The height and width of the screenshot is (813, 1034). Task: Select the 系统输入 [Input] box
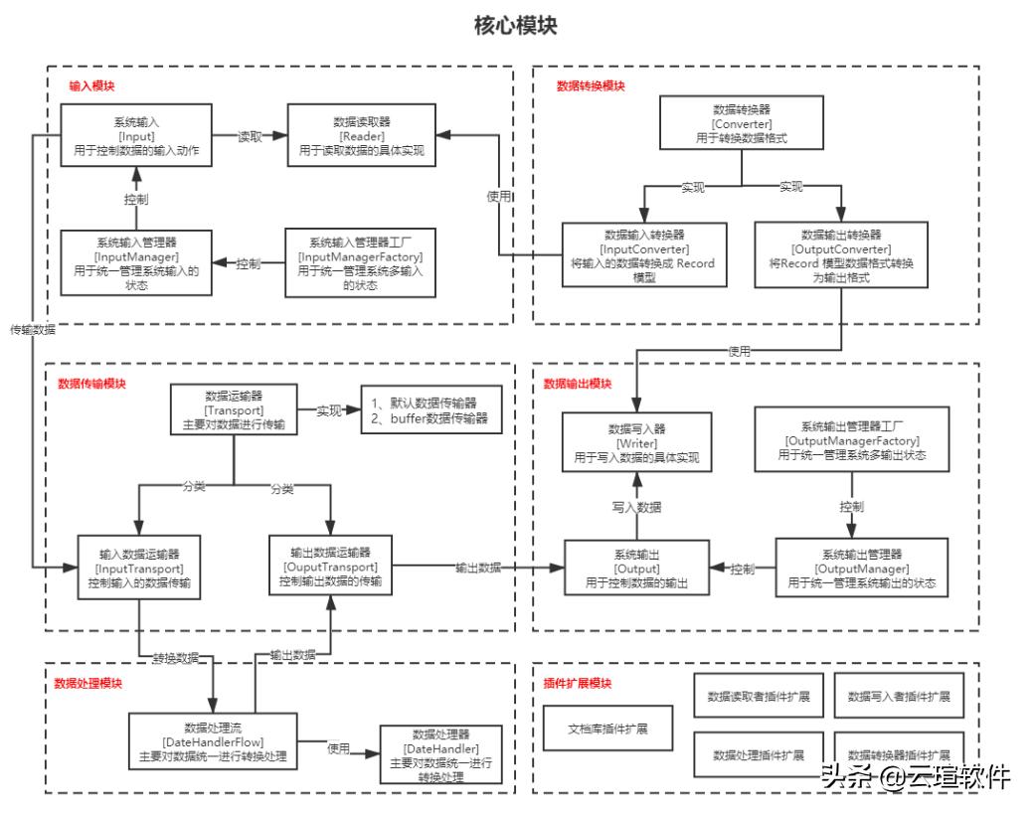point(137,136)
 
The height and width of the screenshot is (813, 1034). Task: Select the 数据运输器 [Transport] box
point(234,409)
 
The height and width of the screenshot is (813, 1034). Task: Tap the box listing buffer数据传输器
point(431,410)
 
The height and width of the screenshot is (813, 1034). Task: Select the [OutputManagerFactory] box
point(852,439)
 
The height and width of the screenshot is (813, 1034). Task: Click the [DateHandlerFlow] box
point(213,741)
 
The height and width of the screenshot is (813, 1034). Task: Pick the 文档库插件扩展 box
point(607,729)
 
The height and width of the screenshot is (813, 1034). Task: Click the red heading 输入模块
point(91,86)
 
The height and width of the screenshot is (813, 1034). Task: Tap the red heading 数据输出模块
point(578,383)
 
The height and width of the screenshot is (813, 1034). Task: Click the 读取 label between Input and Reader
point(251,136)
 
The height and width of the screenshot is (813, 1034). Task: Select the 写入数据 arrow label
point(636,507)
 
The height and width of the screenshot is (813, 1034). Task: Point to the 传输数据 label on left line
point(33,329)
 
